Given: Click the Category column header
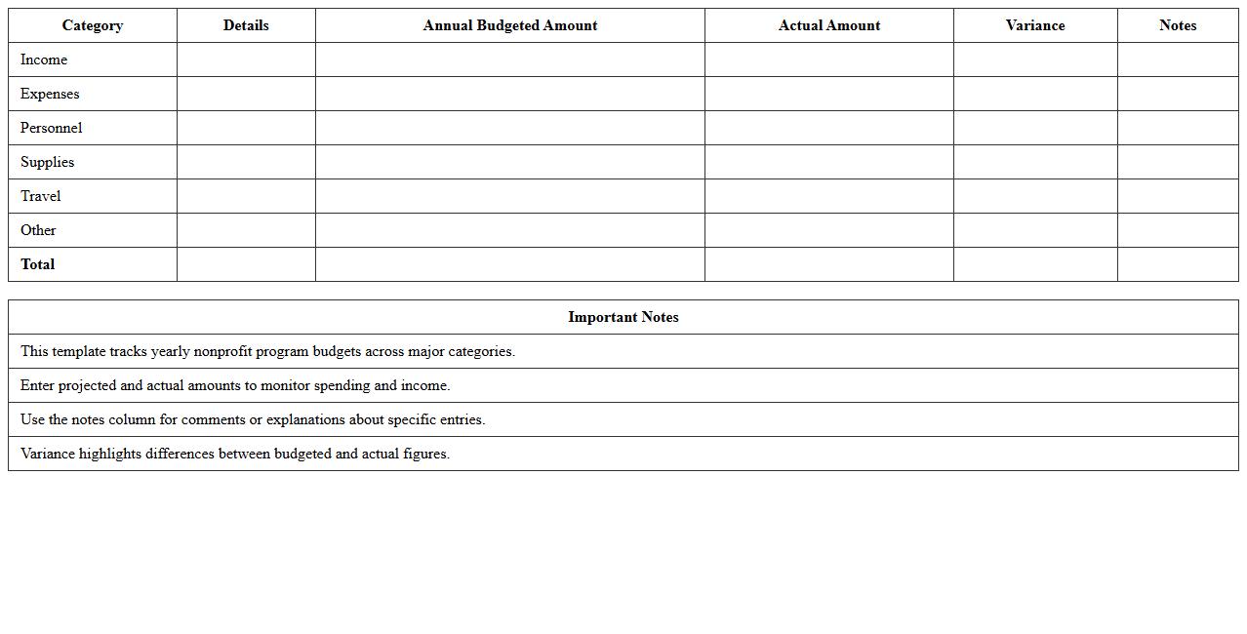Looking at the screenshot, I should click(x=93, y=25).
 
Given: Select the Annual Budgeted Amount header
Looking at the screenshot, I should click(x=509, y=25).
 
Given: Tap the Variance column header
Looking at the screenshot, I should click(x=1034, y=25).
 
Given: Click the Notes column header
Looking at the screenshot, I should click(x=1177, y=25).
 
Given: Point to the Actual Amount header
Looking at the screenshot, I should click(x=828, y=25).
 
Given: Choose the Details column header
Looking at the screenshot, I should click(x=246, y=25).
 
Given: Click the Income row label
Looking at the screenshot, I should click(x=44, y=59).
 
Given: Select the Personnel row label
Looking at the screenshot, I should click(x=51, y=128).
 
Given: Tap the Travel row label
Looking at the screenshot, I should click(x=40, y=196).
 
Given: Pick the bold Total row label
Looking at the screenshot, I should click(x=37, y=264).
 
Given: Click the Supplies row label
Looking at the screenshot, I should click(x=47, y=162).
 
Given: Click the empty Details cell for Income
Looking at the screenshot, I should click(x=246, y=59).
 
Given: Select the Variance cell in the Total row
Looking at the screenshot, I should click(x=1034, y=264).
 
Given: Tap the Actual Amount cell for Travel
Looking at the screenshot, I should click(x=828, y=196).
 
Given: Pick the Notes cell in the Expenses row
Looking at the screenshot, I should click(x=1177, y=94).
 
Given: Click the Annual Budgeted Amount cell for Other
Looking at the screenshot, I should click(x=509, y=230).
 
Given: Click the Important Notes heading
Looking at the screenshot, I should click(x=623, y=317).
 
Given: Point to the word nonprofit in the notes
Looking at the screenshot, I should click(x=222, y=351).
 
